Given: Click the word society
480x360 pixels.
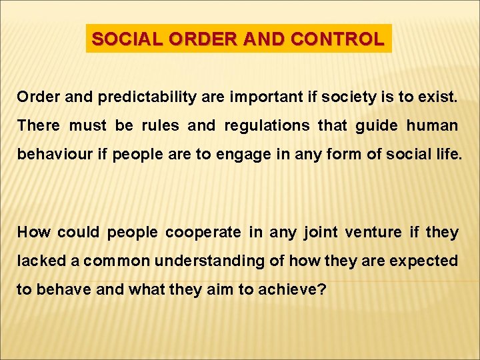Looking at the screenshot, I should [343, 97].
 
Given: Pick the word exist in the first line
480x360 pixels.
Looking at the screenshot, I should [437, 97].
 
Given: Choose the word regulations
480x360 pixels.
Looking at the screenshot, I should [267, 125].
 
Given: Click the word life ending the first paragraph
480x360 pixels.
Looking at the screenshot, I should [446, 154].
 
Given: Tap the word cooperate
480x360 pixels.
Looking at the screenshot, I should [203, 232].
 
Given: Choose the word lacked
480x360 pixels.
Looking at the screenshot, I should [39, 261].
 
